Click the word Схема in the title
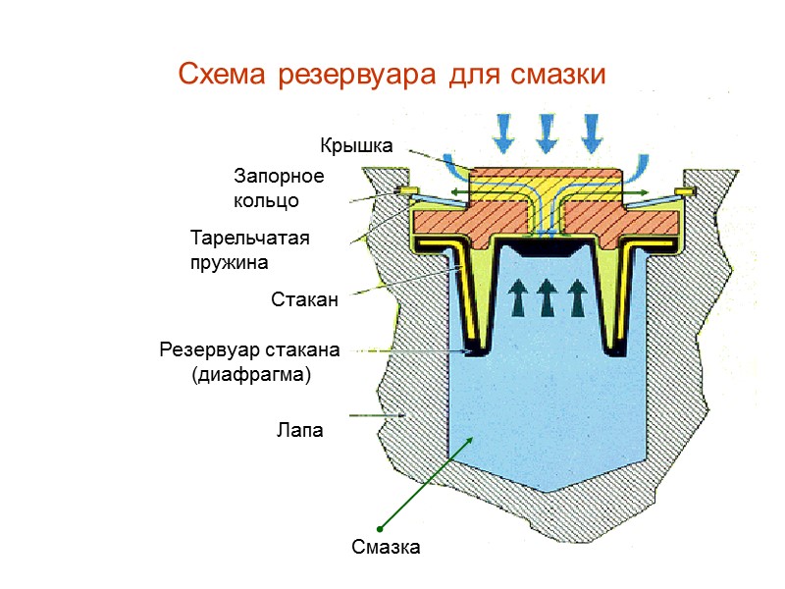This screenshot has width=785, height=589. click(x=222, y=75)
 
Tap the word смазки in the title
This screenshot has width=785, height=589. click(x=555, y=75)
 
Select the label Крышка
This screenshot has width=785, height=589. click(x=357, y=146)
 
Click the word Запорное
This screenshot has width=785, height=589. click(x=279, y=177)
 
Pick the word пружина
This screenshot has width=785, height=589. click(x=229, y=262)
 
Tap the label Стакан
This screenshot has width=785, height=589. click(x=304, y=300)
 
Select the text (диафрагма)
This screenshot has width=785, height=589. click(x=250, y=374)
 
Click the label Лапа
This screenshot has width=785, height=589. click(x=299, y=430)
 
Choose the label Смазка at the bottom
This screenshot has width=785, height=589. click(x=387, y=548)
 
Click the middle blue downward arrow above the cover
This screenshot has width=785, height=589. click(x=547, y=132)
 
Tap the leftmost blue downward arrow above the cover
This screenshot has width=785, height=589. click(x=504, y=132)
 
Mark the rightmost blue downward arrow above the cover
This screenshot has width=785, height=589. click(x=590, y=132)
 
